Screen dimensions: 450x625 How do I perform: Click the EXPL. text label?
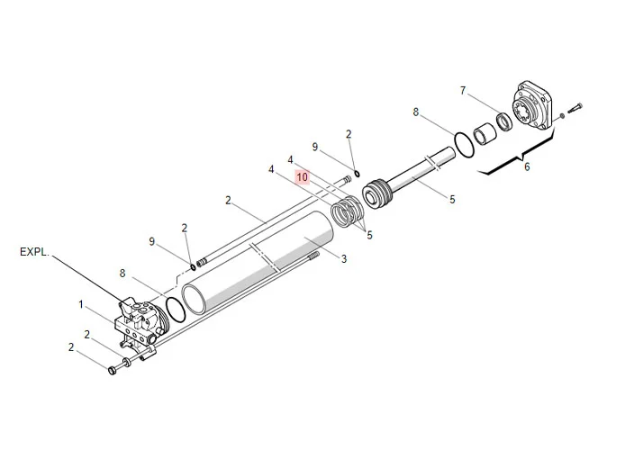(x=33, y=253)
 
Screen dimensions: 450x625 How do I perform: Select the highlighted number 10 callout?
(x=302, y=178)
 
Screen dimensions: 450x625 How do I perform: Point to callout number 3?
(x=343, y=259)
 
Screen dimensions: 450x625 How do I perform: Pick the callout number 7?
(x=463, y=91)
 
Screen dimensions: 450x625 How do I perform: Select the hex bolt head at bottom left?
(x=113, y=369)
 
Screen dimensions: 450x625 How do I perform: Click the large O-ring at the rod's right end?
(x=461, y=144)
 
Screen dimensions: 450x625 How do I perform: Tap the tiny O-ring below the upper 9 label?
(x=357, y=175)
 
